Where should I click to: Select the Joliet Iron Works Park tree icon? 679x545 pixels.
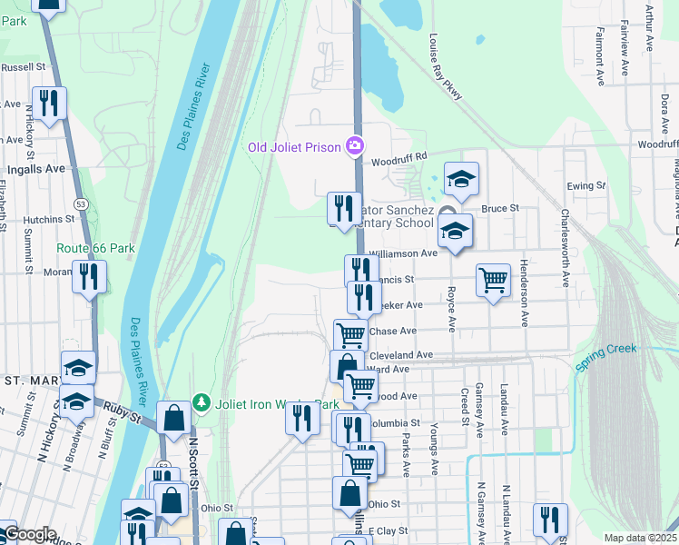tap(202, 403)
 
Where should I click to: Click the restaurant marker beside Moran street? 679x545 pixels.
tap(89, 275)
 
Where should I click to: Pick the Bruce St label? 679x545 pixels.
tap(499, 208)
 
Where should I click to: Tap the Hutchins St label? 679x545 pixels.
tap(49, 219)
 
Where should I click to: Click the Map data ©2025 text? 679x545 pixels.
tap(640, 538)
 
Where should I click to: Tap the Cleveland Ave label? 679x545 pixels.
tap(400, 354)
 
